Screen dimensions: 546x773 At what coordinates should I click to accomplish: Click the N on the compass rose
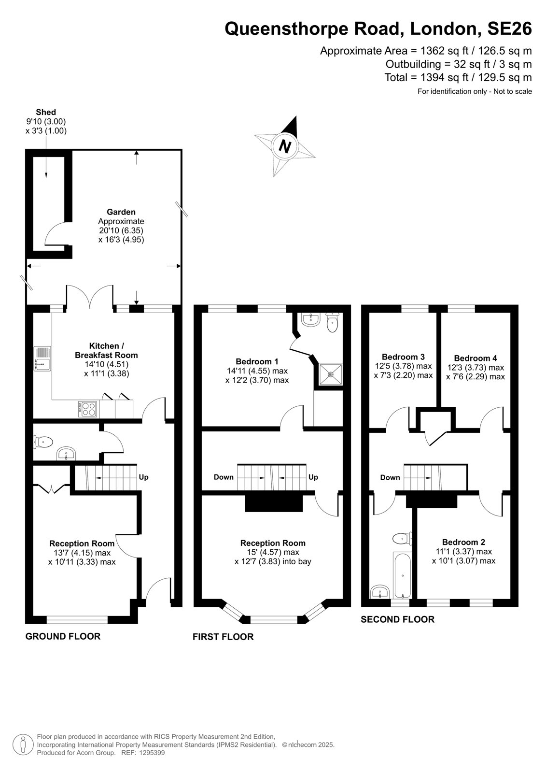285,146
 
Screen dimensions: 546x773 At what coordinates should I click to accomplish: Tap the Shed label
46,112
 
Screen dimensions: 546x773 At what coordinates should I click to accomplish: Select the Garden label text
121,212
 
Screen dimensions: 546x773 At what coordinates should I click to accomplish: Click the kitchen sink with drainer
42,358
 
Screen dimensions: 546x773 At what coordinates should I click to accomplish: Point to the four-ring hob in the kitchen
87,409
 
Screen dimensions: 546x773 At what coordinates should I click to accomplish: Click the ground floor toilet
43,442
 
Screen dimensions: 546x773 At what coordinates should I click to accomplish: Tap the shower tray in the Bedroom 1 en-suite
330,374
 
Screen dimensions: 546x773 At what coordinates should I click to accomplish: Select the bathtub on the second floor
402,575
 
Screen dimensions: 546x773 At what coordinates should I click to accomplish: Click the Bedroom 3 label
403,357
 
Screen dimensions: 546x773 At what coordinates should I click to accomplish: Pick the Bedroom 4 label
476,358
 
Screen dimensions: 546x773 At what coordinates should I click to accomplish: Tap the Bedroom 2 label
463,542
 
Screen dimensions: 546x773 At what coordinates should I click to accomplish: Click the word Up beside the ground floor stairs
143,477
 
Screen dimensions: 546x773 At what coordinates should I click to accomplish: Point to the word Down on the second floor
390,478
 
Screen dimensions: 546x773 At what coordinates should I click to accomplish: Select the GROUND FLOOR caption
63,636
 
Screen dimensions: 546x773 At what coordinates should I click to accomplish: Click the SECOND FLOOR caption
397,619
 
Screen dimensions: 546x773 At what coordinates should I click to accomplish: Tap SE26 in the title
509,29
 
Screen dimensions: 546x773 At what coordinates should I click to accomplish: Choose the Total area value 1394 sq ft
444,77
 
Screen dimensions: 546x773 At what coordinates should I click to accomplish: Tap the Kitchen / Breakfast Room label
106,350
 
